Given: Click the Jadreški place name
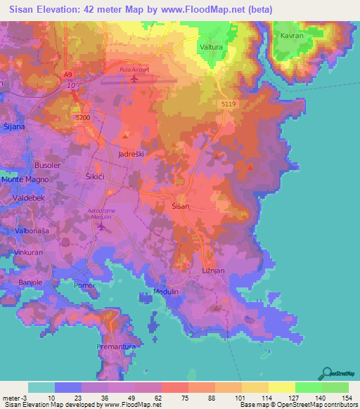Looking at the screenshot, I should coord(132,153).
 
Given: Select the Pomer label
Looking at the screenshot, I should coord(84,285).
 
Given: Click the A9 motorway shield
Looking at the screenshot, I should coord(67,74).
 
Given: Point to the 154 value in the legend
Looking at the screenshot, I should coord(348,397).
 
